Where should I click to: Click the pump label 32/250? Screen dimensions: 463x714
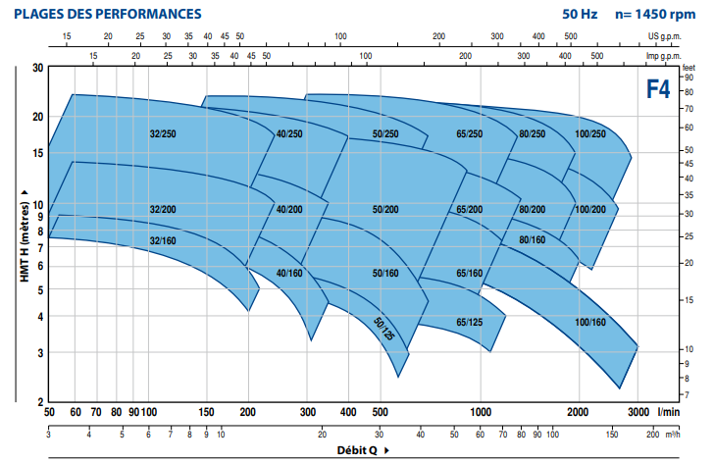point(163,133)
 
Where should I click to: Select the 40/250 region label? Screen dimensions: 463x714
point(289,133)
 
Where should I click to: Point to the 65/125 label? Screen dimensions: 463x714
point(470,322)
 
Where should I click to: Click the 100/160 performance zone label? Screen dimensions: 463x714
point(591,322)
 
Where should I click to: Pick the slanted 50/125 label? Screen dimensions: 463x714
point(383,326)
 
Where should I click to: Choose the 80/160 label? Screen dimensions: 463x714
point(533,239)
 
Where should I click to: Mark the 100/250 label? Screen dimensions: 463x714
point(590,133)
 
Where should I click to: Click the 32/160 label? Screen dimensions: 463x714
point(163,239)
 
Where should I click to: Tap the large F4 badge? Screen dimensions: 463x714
point(658,90)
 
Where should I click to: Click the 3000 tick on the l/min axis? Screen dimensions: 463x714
point(639,412)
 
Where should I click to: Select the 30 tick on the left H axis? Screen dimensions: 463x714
point(37,68)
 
